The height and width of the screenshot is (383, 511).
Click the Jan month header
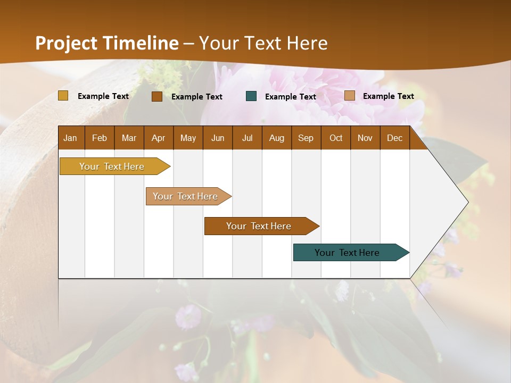pos(70,138)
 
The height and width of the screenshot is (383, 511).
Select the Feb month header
pos(100,138)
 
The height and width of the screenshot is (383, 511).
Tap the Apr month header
pos(158,138)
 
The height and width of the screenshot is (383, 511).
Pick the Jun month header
pos(218,138)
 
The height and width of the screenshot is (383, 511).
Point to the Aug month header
pos(276,138)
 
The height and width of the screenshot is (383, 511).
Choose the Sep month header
pos(306,138)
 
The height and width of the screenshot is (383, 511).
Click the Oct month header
pos(336,138)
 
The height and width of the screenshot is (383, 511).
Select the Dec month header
pos(394,138)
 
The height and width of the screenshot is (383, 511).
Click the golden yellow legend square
pos(63,96)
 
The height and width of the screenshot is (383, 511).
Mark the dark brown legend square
pos(157,96)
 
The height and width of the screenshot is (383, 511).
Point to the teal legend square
pos(251,96)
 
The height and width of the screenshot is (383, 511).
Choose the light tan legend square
pos(350,96)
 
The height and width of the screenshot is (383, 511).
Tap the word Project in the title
pos(67,43)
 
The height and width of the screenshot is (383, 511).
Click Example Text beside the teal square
pos(290,97)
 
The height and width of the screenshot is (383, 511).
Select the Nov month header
pos(365,138)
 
